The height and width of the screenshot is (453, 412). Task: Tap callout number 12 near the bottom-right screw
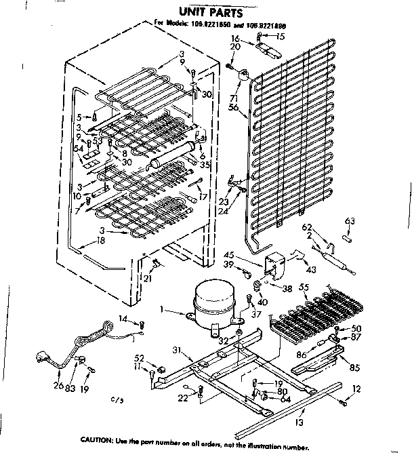click(356, 389)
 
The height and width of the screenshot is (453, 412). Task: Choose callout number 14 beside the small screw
click(124, 319)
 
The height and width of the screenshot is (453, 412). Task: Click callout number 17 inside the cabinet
click(203, 197)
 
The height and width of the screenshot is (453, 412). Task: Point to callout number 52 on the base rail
click(139, 357)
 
